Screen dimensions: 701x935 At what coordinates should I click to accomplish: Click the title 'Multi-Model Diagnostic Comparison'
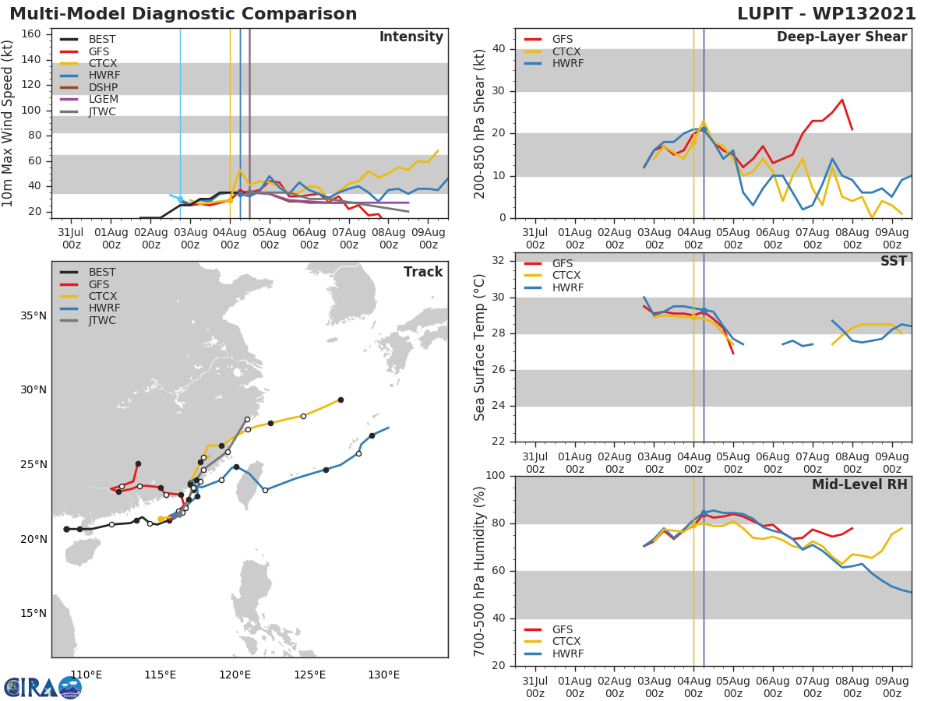tap(183, 14)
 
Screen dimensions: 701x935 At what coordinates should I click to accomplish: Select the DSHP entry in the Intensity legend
tap(102, 87)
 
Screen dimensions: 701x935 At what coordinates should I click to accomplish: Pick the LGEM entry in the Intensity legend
tap(102, 100)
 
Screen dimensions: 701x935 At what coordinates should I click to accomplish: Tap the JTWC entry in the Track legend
tap(102, 320)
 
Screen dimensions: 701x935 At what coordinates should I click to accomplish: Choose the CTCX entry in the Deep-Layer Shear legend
tap(566, 51)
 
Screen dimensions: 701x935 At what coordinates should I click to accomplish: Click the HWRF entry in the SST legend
tap(568, 288)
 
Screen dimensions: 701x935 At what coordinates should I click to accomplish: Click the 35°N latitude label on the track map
tap(34, 316)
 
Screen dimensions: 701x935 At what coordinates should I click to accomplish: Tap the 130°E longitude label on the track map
tap(383, 675)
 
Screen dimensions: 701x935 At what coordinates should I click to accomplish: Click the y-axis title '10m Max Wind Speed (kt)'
tap(9, 125)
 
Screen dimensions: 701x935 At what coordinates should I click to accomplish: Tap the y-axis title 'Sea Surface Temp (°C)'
tap(480, 347)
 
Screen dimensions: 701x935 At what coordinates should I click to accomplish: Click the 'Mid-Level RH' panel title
tap(859, 484)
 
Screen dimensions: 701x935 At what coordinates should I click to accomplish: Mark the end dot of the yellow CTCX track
tap(340, 400)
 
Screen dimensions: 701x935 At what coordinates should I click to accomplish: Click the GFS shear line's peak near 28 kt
tap(841, 100)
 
